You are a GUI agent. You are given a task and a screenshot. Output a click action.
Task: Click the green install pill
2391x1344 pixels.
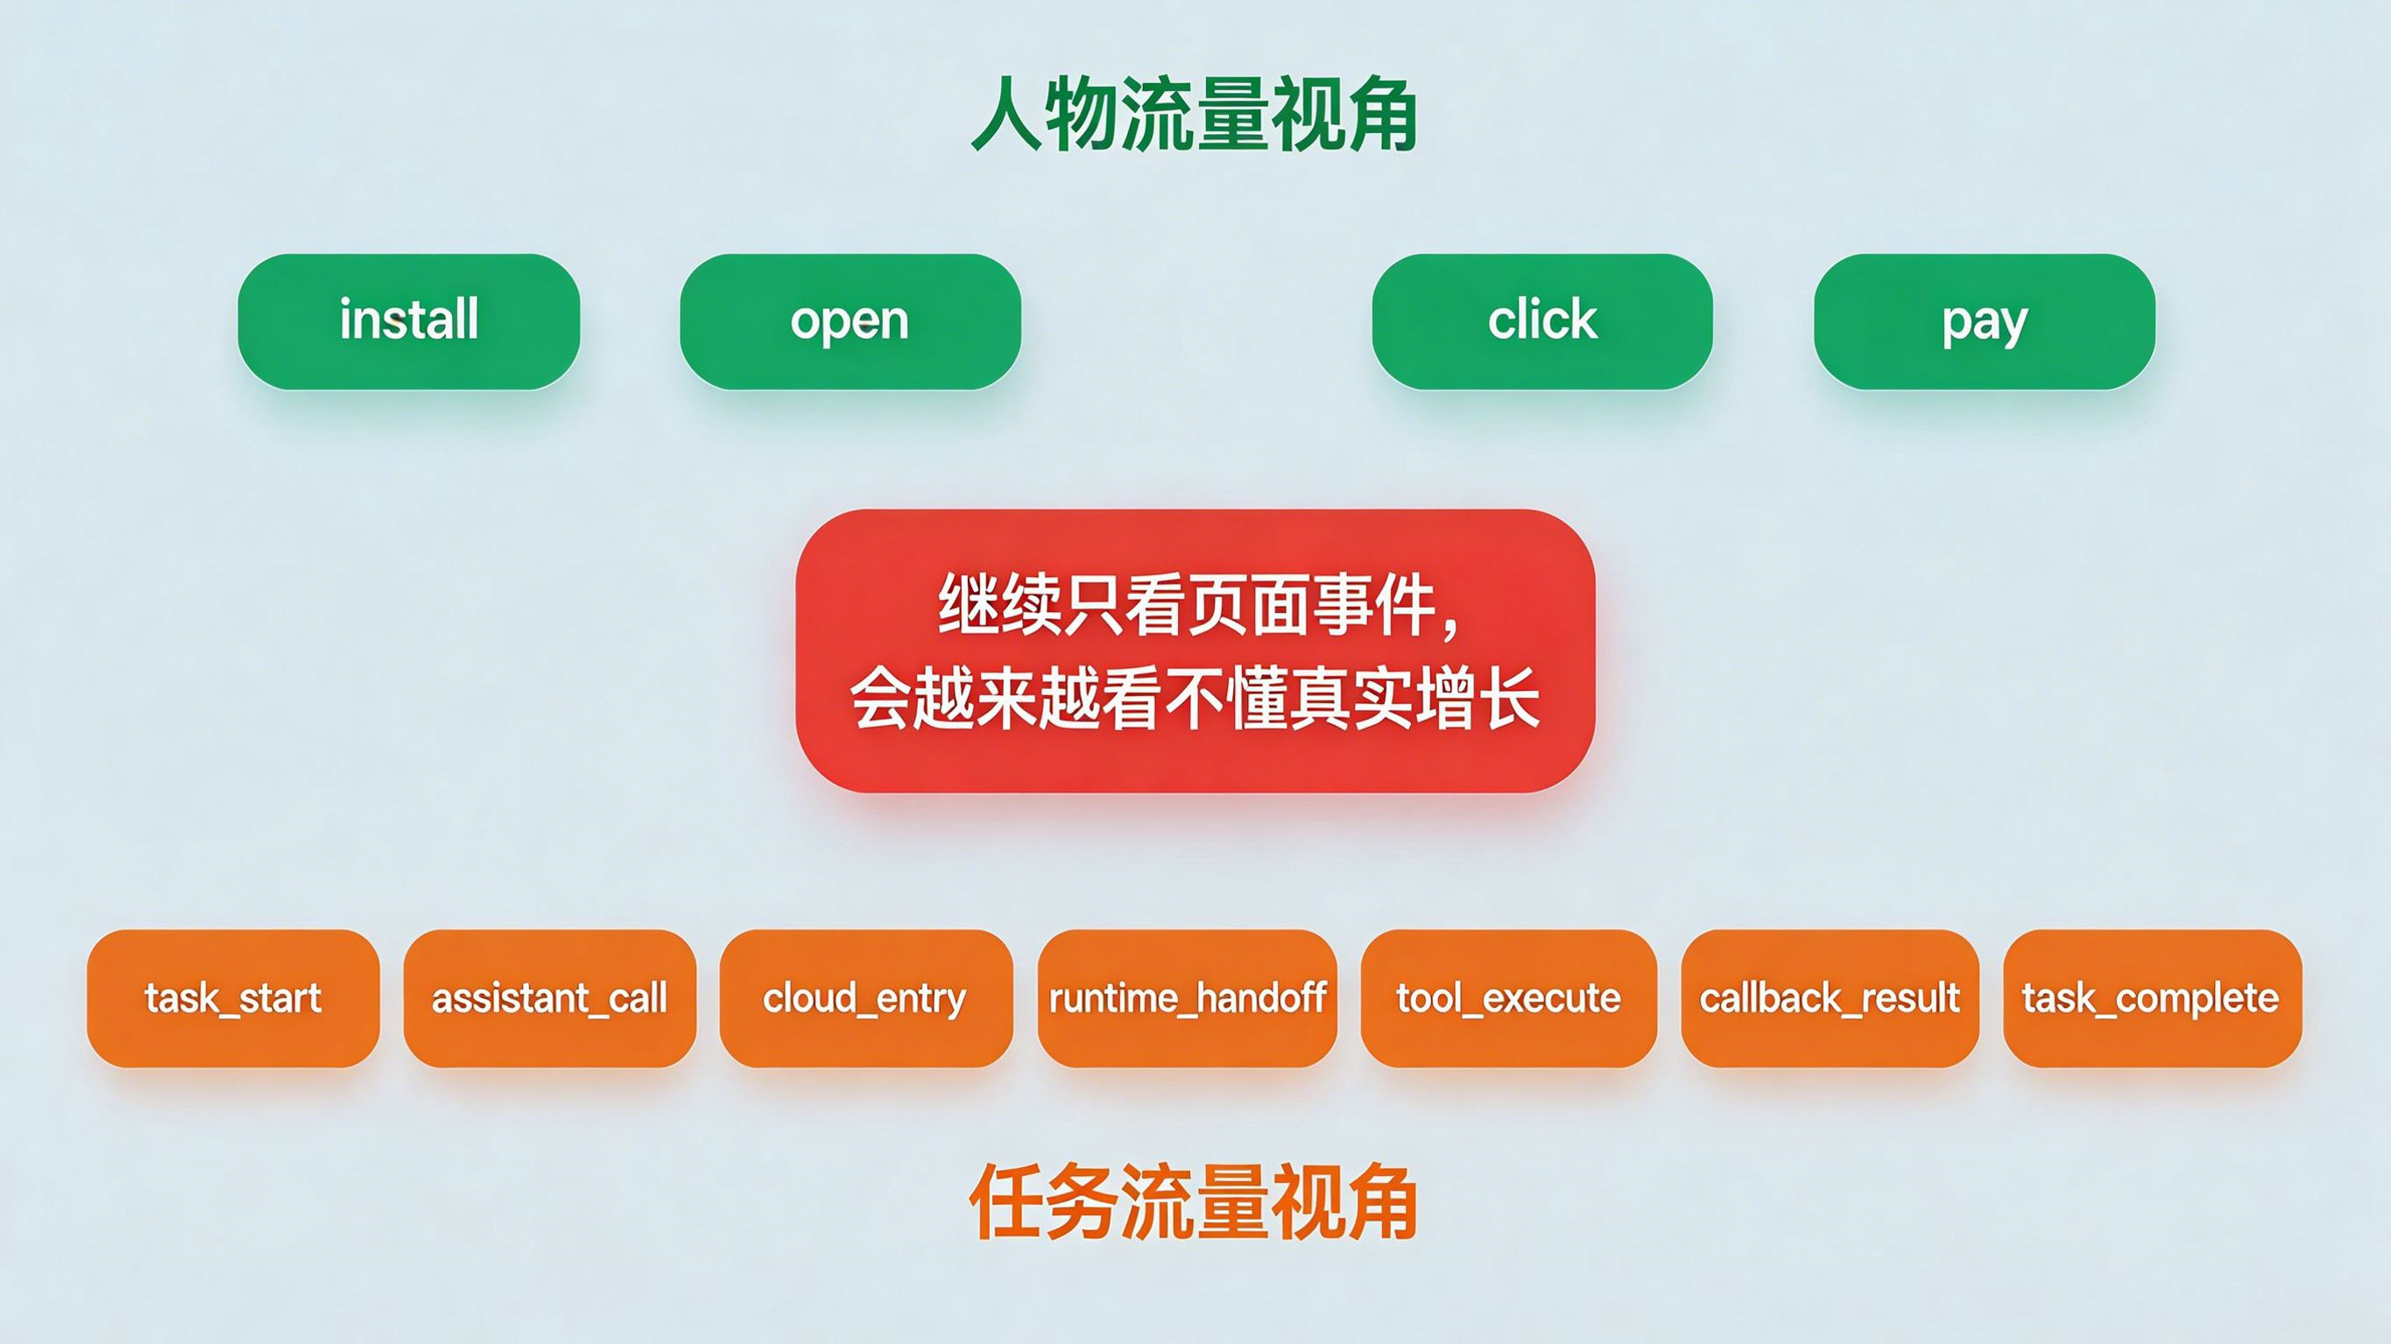pyautogui.click(x=408, y=321)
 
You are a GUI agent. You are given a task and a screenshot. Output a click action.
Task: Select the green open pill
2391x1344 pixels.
pyautogui.click(x=850, y=321)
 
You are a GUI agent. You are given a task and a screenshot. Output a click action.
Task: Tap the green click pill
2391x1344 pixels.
pyautogui.click(x=1542, y=321)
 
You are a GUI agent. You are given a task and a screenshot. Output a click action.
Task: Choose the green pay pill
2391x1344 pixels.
pyautogui.click(x=1985, y=321)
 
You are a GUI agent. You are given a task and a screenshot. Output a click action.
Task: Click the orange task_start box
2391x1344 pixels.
pyautogui.click(x=233, y=998)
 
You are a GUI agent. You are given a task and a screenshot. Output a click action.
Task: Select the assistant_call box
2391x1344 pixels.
pyautogui.click(x=549, y=998)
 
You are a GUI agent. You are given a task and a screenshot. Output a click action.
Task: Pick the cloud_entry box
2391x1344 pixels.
pyautogui.click(x=866, y=998)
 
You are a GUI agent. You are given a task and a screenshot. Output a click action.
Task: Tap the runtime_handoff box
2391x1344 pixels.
pyautogui.click(x=1187, y=998)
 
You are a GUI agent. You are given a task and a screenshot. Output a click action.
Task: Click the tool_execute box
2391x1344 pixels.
pyautogui.click(x=1508, y=998)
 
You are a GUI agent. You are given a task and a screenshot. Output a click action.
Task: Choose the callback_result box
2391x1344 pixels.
pyautogui.click(x=1830, y=998)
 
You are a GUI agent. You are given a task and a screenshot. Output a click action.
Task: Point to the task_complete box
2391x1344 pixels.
pyautogui.click(x=2151, y=998)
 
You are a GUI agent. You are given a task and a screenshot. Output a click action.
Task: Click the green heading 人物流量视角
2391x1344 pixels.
pyautogui.click(x=1195, y=114)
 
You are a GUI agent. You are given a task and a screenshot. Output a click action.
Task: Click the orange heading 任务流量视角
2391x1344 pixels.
pyautogui.click(x=1195, y=1201)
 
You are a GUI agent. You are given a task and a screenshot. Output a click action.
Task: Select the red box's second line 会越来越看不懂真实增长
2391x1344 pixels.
pyautogui.click(x=1195, y=698)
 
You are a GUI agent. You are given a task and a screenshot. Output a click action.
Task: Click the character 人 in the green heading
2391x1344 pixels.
pyautogui.click(x=1006, y=114)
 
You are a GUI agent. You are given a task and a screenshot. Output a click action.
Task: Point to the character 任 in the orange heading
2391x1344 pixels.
pyautogui.click(x=1006, y=1201)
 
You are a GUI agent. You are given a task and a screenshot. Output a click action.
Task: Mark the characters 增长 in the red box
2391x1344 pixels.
pyautogui.click(x=1478, y=698)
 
